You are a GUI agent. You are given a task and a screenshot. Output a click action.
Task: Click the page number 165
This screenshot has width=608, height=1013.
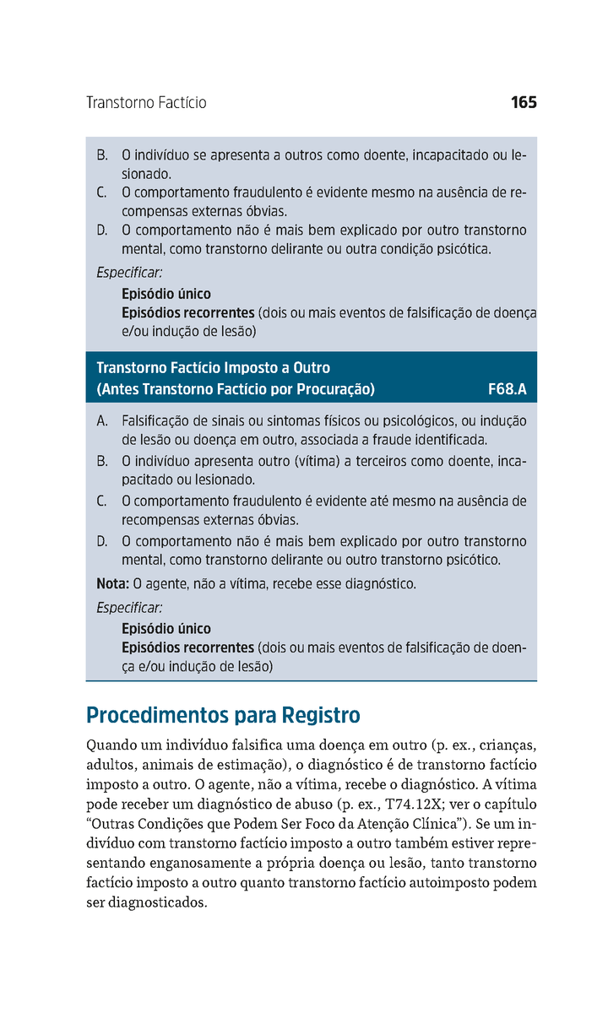coord(524,103)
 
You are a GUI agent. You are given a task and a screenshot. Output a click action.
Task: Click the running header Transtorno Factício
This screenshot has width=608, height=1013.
coord(146,103)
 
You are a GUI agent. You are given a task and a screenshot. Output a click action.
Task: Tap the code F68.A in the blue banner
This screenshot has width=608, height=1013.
coord(507,389)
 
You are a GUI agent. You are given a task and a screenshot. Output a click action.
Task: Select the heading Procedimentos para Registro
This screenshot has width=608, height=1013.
coord(223,716)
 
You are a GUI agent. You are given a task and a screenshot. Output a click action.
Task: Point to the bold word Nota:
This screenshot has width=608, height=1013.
coord(112,583)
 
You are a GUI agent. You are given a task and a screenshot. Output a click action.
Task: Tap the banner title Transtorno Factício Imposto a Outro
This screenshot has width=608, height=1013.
coord(213,368)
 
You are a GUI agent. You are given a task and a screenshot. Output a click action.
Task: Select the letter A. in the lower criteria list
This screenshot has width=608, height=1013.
coord(102,420)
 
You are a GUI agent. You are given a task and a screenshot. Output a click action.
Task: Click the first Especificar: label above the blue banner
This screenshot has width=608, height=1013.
coord(129,273)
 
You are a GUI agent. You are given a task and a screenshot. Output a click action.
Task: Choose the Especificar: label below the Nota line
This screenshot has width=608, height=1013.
coord(129,608)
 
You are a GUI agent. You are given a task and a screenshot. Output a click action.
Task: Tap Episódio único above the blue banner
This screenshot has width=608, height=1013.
coord(166,294)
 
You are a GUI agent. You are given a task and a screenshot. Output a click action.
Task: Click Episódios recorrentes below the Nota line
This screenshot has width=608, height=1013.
coord(187,647)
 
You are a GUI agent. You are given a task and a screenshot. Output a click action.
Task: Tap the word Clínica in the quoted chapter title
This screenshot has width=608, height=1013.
coord(431,824)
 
